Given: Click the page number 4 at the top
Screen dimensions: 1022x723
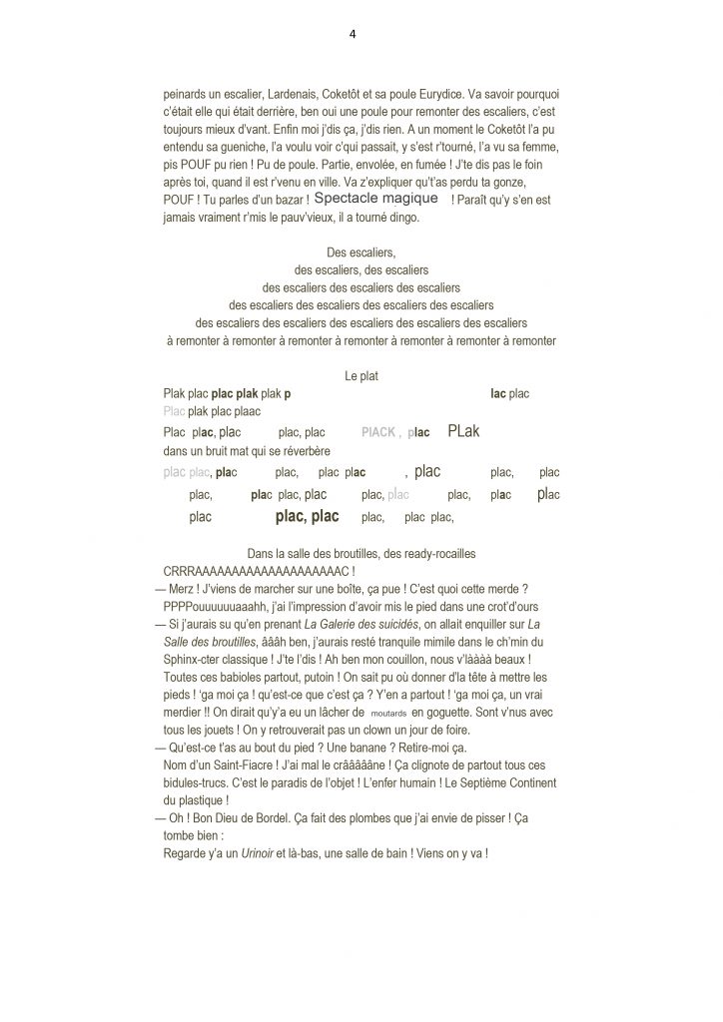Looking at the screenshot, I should [x=353, y=33].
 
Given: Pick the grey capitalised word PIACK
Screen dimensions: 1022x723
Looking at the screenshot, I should [x=378, y=433].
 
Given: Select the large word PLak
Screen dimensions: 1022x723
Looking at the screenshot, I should [x=464, y=431].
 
